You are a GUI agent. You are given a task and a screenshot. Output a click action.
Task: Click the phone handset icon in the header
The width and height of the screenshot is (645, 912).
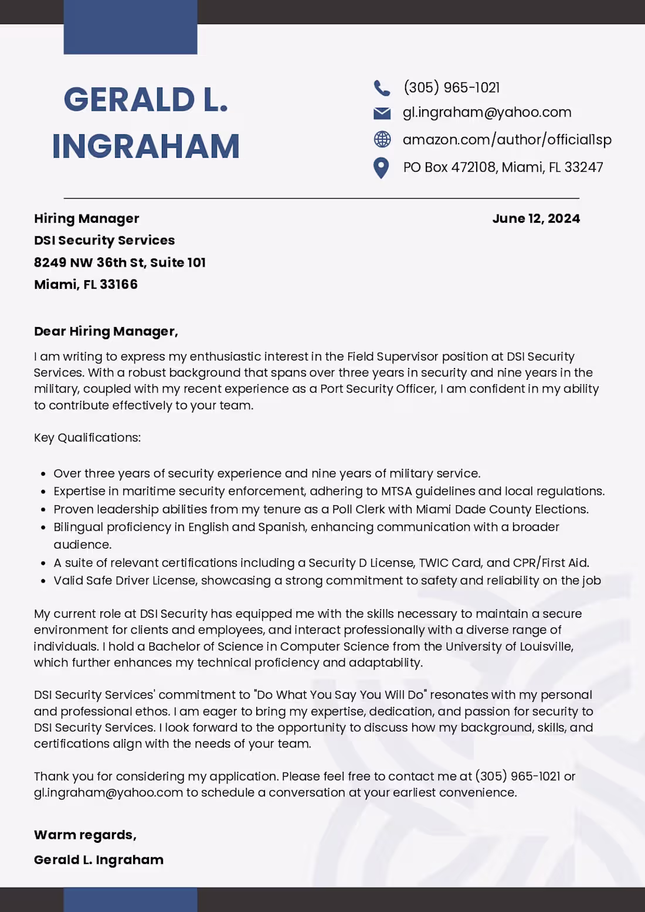pos(382,88)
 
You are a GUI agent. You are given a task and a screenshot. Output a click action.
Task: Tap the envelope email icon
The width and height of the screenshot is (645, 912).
pos(382,113)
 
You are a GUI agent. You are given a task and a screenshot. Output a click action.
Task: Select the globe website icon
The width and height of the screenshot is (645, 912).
pos(382,139)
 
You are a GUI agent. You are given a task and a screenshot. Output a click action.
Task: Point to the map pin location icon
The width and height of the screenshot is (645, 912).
pos(381,168)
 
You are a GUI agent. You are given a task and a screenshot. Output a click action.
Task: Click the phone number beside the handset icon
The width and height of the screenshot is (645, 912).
pos(451,88)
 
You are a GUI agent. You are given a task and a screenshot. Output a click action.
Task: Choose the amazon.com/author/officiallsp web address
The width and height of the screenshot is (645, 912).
pos(507,139)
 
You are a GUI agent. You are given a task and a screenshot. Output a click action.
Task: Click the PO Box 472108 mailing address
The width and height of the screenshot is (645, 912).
pos(503,168)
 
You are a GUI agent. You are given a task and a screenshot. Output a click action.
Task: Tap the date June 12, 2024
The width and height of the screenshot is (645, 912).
pos(536,219)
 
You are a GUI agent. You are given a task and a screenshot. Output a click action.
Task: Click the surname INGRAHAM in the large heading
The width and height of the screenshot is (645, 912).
pos(146,146)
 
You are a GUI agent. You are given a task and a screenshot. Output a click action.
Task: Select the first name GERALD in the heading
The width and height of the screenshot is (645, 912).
pos(130,100)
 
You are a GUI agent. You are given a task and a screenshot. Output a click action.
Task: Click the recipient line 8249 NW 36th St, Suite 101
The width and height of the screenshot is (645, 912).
pos(120,263)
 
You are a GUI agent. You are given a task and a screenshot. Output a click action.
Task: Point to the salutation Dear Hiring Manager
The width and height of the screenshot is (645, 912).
pos(106,332)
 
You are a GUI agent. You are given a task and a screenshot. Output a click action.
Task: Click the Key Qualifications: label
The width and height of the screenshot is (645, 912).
pos(87,438)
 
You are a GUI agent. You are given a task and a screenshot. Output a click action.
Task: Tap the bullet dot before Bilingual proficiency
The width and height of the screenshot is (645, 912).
pos(43,528)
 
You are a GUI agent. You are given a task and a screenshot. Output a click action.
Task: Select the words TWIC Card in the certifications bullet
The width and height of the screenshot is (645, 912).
pos(450,563)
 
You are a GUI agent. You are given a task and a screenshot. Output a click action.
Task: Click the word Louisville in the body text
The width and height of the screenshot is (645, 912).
pos(545,646)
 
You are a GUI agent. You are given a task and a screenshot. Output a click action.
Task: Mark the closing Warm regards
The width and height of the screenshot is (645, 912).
pos(85,835)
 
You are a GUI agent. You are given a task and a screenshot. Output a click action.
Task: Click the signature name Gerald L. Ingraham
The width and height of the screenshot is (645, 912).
pos(99,860)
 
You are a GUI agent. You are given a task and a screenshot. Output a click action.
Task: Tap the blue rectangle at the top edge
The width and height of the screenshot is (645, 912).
pos(130,28)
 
